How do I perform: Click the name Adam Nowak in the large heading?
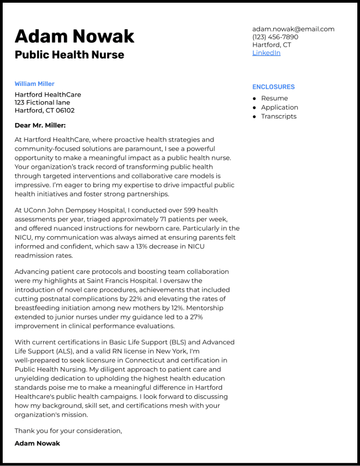[74, 36]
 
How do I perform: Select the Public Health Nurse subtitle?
[69, 55]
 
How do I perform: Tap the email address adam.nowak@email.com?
[293, 29]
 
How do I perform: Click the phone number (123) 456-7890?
[275, 37]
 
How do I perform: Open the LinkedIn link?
[266, 53]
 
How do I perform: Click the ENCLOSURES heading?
[273, 87]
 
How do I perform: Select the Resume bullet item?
[274, 98]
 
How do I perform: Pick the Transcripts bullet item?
[279, 116]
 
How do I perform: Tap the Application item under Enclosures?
[279, 107]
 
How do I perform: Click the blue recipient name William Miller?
[34, 84]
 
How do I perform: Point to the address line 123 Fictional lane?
[42, 103]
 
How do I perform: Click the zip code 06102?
[65, 110]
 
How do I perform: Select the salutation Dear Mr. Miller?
[40, 125]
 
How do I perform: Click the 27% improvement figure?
[197, 317]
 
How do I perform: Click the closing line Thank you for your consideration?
[68, 430]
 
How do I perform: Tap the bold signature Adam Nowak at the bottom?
[37, 443]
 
